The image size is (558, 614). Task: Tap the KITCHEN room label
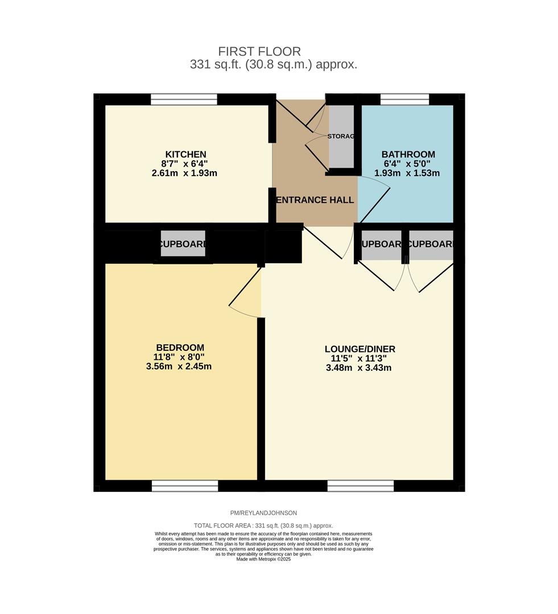185,155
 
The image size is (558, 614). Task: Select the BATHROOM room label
408,155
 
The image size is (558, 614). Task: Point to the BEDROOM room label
180,348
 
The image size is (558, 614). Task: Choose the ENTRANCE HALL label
315,200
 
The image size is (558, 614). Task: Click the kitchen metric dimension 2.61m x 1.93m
184,173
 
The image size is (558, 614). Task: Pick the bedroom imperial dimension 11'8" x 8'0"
179,358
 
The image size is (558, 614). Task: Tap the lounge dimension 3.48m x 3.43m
358,368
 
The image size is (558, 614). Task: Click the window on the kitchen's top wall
184,99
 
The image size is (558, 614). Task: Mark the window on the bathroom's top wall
404,99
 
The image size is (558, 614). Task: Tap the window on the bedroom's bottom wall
185,486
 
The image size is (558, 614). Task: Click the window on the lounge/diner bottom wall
360,486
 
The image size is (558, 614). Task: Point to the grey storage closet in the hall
341,136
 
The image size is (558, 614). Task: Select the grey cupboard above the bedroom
183,244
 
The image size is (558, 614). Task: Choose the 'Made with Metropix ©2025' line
263,559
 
